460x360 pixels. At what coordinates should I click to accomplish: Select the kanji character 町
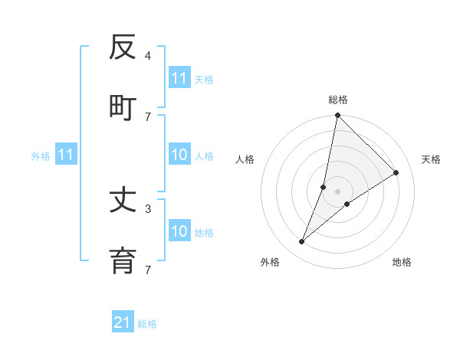[x=123, y=107]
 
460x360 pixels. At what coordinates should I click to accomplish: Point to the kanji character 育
[x=123, y=260]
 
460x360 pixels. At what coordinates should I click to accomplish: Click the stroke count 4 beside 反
[x=148, y=55]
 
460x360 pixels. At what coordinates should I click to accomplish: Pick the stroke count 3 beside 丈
[x=148, y=208]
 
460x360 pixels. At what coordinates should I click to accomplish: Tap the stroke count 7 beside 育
[x=148, y=269]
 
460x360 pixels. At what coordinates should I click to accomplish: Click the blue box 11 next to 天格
[x=179, y=78]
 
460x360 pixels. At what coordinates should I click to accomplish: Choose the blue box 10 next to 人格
[x=179, y=155]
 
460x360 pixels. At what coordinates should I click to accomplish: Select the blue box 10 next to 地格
[x=179, y=231]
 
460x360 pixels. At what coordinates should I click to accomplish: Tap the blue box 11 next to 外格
[x=66, y=155]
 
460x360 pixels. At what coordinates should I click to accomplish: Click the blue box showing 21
[x=123, y=322]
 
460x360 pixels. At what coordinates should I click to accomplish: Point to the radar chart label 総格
[x=338, y=100]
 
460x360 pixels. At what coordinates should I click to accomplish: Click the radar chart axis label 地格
[x=402, y=262]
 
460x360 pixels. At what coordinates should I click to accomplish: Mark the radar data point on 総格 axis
[x=337, y=116]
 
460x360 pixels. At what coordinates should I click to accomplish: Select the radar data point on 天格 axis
[x=396, y=172]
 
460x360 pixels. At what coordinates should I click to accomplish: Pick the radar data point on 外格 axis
[x=302, y=242]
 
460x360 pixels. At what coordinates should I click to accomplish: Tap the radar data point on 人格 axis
[x=324, y=187]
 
